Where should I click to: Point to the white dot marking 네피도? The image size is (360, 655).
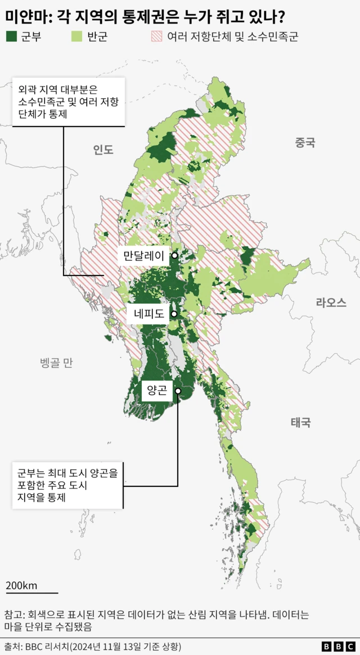pyautogui.click(x=174, y=314)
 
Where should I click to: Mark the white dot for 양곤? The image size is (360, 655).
pyautogui.click(x=178, y=391)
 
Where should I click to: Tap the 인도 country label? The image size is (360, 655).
pyautogui.click(x=103, y=150)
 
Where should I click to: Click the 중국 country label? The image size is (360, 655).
pyautogui.click(x=305, y=143)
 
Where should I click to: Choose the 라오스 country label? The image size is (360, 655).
pyautogui.click(x=331, y=302)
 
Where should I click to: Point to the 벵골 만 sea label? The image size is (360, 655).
pyautogui.click(x=56, y=363)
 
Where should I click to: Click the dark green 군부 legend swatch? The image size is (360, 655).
pyautogui.click(x=12, y=37)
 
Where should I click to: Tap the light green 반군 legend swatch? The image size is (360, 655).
pyautogui.click(x=77, y=37)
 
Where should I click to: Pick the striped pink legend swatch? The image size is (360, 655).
pyautogui.click(x=155, y=37)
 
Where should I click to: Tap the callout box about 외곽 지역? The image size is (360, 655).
pyautogui.click(x=68, y=102)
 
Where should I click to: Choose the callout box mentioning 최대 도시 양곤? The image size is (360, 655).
pyautogui.click(x=67, y=485)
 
